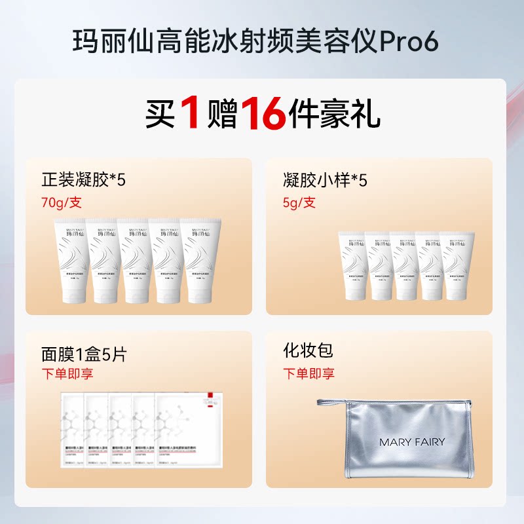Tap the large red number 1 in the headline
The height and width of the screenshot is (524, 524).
point(189,115)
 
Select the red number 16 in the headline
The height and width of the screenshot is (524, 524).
point(264,115)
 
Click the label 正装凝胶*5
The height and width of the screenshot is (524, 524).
point(83,180)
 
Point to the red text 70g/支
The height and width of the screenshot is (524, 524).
point(62,202)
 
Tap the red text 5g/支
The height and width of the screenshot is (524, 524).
point(299,202)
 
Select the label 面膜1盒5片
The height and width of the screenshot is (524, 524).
point(84,354)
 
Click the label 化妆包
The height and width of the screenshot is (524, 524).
point(308,350)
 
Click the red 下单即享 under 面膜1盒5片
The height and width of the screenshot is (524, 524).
point(67,374)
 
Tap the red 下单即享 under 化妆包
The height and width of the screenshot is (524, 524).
point(309,374)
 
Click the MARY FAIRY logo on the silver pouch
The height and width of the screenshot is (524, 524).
point(411,442)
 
